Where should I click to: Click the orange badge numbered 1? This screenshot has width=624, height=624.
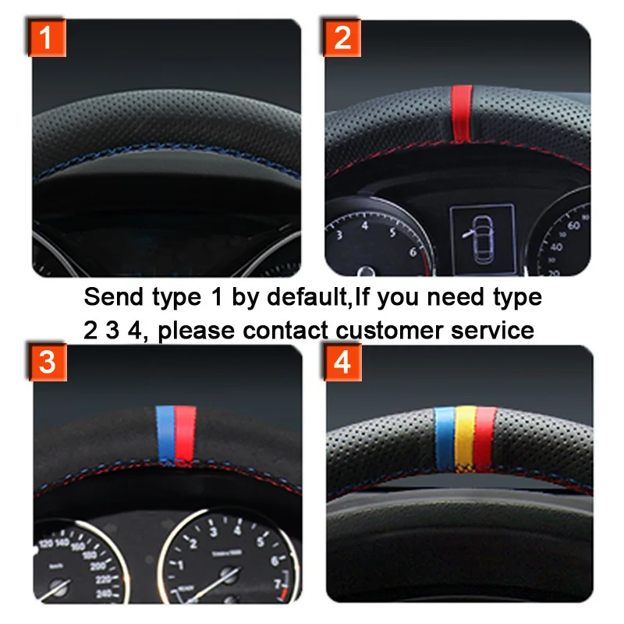(47, 37)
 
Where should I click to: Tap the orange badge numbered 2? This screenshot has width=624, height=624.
(342, 37)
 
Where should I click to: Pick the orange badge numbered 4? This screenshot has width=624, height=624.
(342, 363)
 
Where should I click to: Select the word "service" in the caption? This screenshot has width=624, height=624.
(493, 330)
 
